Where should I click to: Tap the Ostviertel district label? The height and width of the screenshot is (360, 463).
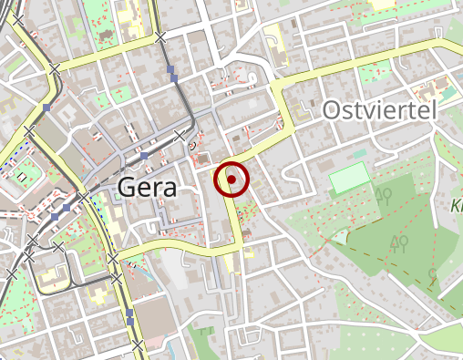click(x=379, y=111)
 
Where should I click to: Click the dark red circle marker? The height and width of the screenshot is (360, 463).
click(x=231, y=180)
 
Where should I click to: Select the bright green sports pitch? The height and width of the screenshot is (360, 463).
click(x=349, y=179)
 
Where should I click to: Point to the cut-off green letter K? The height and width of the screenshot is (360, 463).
click(x=457, y=207)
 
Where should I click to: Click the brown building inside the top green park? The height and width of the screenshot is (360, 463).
click(x=107, y=36)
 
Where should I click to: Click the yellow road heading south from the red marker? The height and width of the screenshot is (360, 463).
click(x=234, y=223)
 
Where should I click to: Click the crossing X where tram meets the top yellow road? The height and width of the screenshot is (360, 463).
click(x=160, y=37)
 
